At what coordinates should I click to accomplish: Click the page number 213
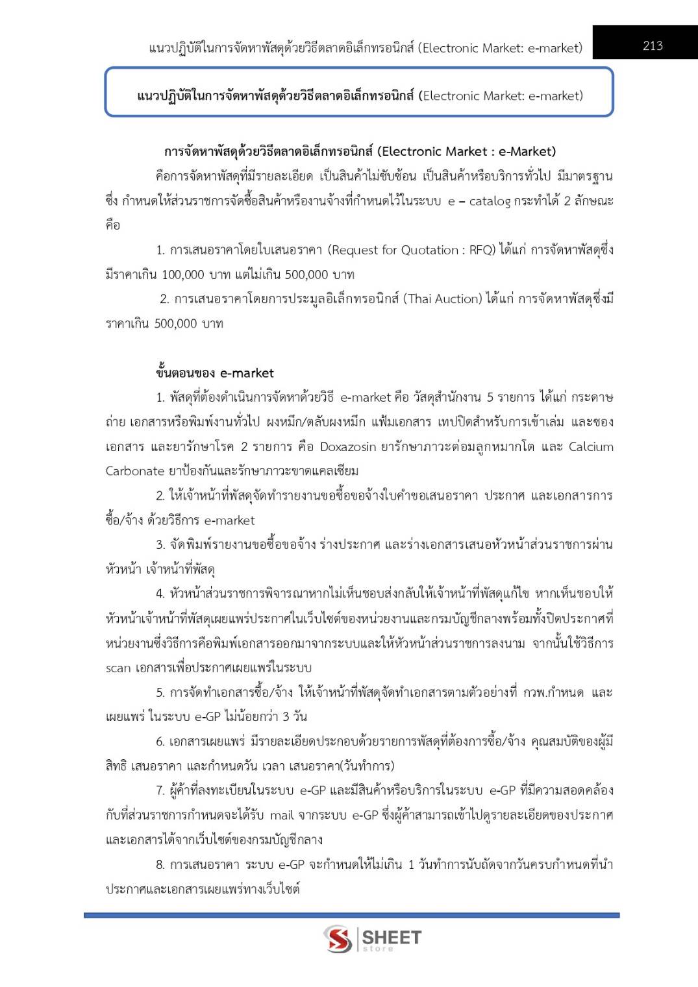tap(653, 45)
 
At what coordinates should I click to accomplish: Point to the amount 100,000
tap(182, 274)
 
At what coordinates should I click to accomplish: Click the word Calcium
tap(591, 446)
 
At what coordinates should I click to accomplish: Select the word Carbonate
tap(135, 471)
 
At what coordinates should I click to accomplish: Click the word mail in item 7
tap(282, 815)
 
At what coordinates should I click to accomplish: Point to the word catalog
tap(490, 201)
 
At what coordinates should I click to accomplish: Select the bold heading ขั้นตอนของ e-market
tap(215, 373)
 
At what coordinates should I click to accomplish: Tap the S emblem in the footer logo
tap(338, 939)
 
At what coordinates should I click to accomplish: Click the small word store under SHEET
tap(378, 949)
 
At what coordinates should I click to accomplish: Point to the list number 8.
tap(160, 864)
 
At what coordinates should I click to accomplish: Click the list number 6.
tap(160, 741)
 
